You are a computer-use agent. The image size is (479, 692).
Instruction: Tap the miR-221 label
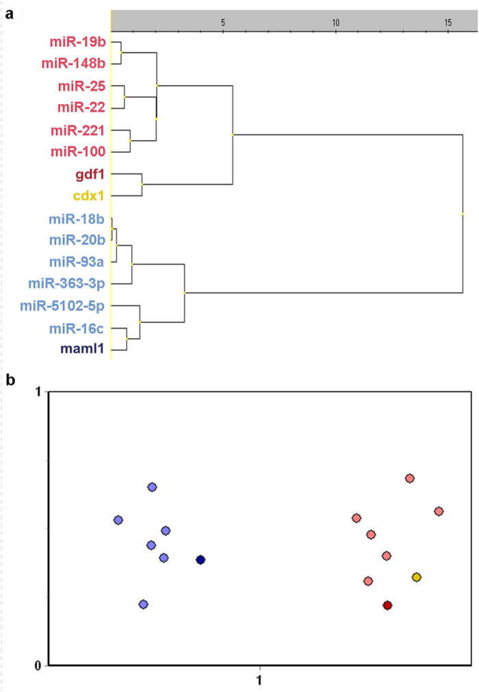tap(77, 129)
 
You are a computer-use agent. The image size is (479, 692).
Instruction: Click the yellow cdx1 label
tap(88, 196)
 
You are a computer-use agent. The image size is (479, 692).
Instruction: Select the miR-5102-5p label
tap(62, 305)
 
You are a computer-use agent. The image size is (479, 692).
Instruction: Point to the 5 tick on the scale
tap(223, 22)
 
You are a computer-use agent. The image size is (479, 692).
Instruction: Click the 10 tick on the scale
tap(335, 22)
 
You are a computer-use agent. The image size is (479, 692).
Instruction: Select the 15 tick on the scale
tap(448, 22)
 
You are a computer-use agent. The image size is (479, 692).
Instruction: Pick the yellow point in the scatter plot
tap(416, 577)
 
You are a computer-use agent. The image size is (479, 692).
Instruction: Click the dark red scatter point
tap(387, 605)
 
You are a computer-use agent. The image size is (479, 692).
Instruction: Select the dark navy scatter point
tap(200, 560)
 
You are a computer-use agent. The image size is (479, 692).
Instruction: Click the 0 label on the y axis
tap(39, 665)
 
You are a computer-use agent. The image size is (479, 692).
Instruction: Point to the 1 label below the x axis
tap(259, 681)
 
